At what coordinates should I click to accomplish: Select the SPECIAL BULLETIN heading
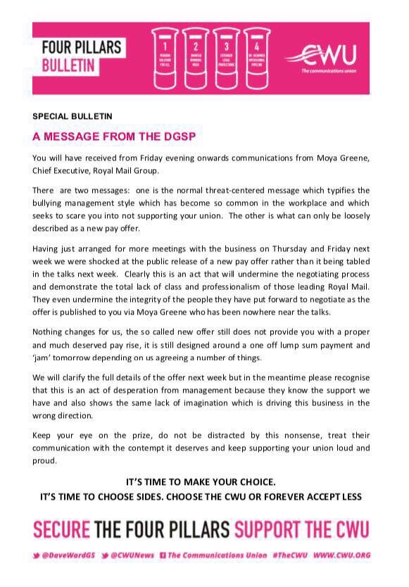pos(73,115)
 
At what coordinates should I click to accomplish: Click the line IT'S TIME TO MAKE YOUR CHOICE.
pos(201,482)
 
